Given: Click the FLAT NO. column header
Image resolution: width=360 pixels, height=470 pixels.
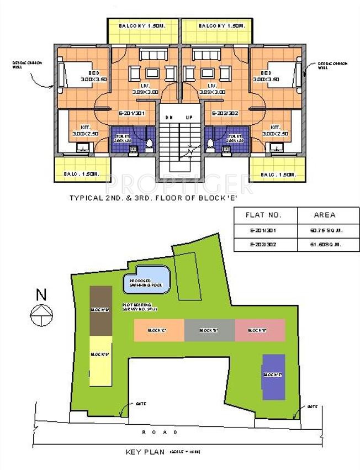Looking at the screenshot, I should [x=262, y=215].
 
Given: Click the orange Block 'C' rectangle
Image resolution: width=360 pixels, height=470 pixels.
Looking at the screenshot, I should [x=158, y=330].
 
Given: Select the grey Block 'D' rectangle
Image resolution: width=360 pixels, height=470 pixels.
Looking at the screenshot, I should [x=209, y=330].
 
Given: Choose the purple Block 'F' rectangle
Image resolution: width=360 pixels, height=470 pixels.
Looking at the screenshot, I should [x=274, y=375].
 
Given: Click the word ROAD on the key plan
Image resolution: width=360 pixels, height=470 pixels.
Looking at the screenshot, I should [x=160, y=432].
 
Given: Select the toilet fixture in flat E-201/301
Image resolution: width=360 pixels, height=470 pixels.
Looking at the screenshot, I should [x=149, y=143].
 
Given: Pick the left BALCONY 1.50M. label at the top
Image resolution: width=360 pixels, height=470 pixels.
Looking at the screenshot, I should [x=142, y=26].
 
